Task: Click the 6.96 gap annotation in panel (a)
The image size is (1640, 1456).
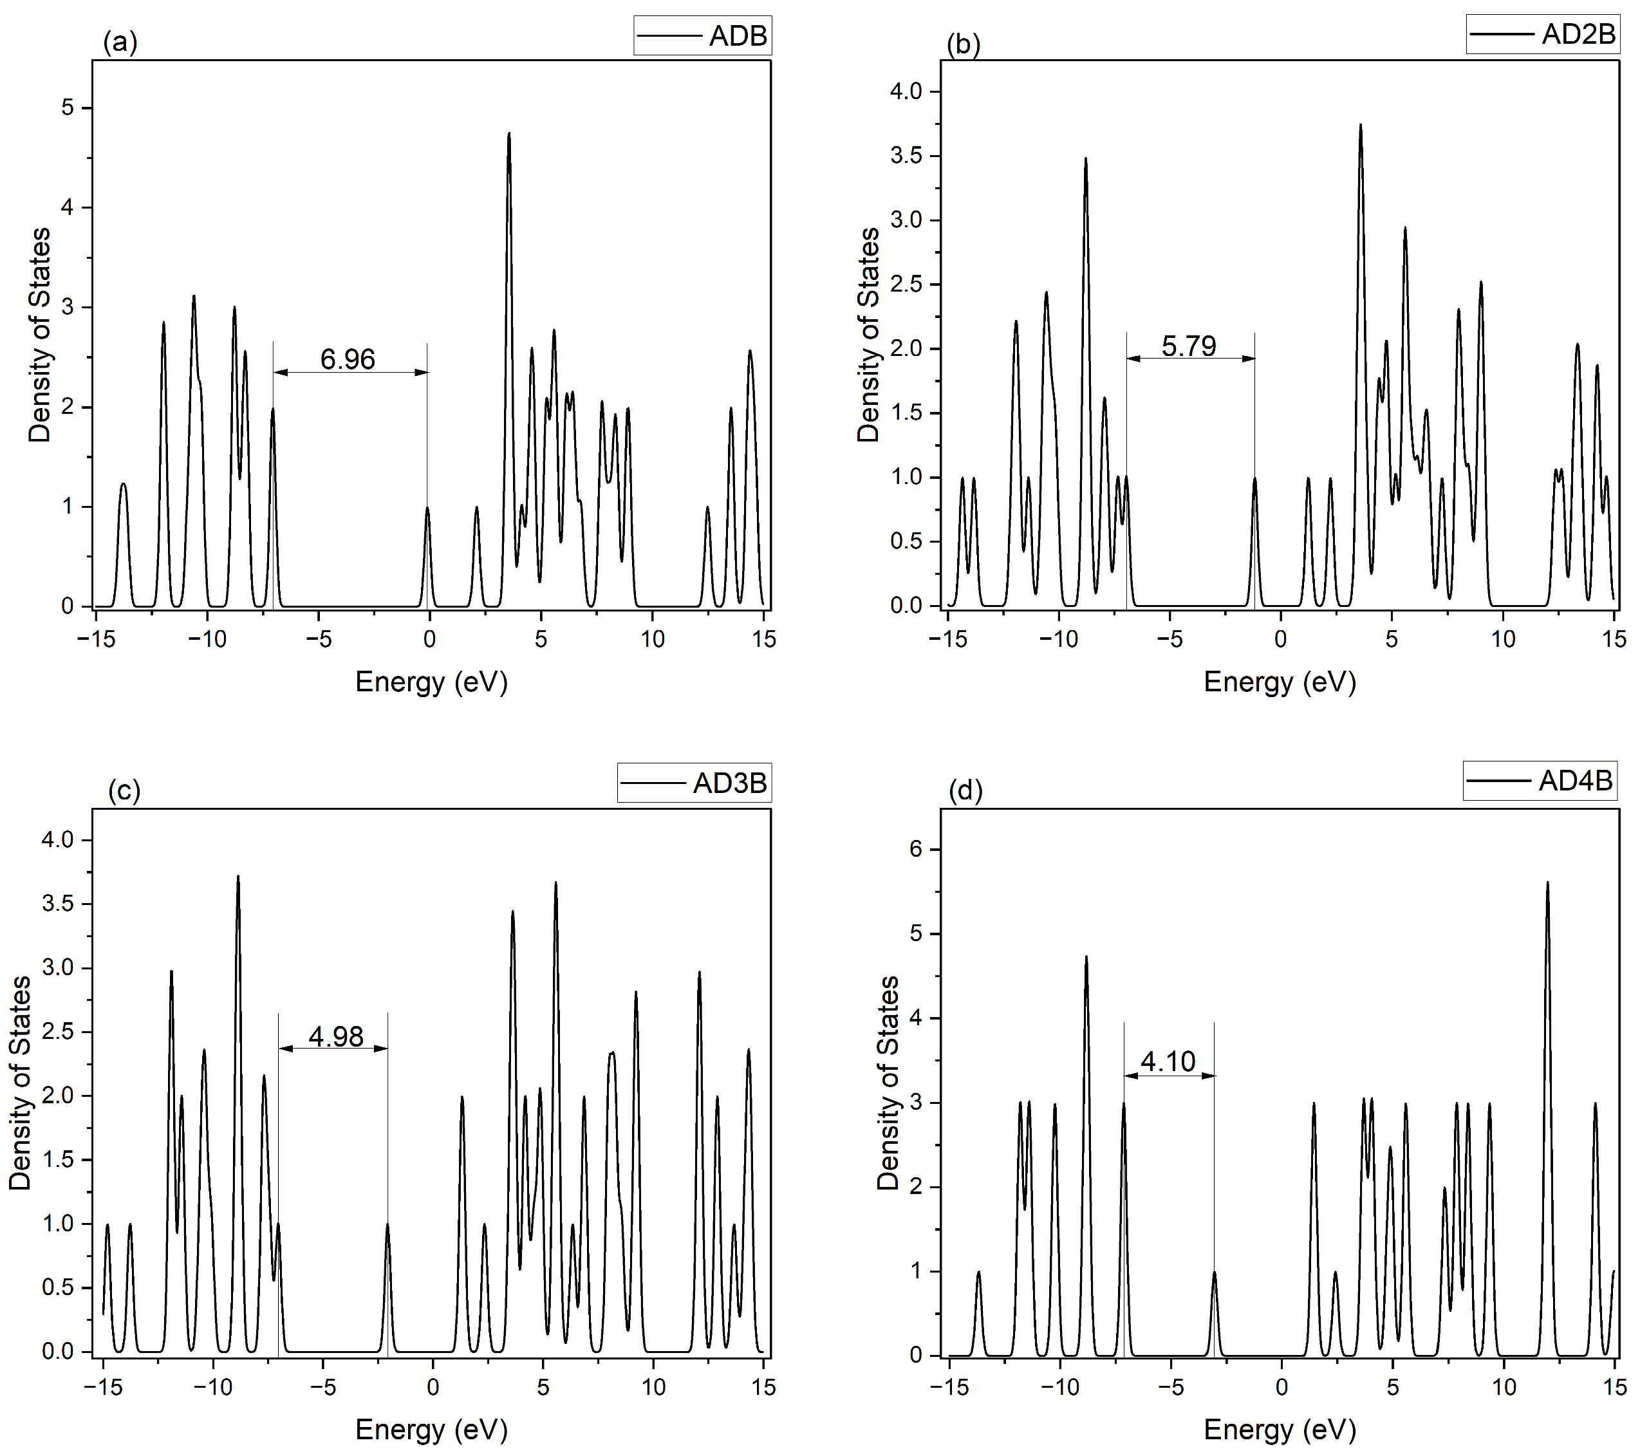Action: coord(348,359)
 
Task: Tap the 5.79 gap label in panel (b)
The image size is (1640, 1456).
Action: coord(1188,346)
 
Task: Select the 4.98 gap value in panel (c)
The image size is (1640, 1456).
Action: coord(335,1036)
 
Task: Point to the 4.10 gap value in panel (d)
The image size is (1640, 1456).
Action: coord(1168,1061)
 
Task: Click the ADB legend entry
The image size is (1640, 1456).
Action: coord(702,35)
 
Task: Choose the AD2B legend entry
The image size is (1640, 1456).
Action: coord(1542,33)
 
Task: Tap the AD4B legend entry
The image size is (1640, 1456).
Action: coord(1539,781)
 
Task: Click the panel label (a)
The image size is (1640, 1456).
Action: coord(120,41)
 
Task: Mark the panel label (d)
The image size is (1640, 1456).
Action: coord(965,790)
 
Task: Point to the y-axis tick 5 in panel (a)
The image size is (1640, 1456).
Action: coord(68,107)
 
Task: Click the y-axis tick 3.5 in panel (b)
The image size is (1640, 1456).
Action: coord(907,156)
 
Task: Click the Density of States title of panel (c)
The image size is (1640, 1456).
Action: coord(20,1082)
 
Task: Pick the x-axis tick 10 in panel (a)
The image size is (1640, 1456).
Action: coord(652,639)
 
